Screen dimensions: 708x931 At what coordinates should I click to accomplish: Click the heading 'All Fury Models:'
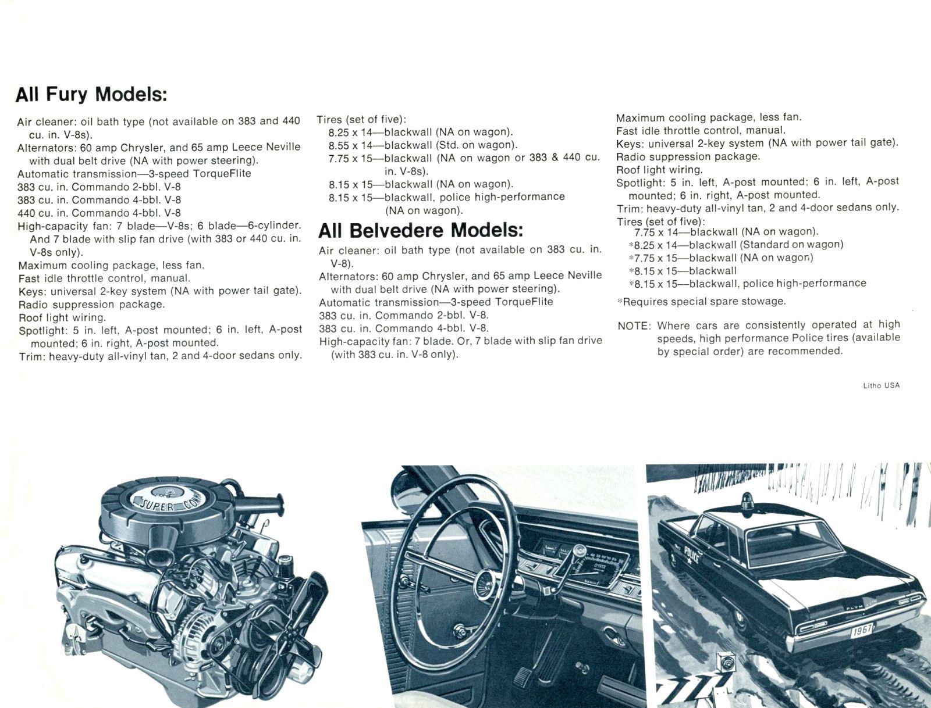point(91,94)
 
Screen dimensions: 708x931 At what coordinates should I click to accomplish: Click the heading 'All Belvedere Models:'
point(420,231)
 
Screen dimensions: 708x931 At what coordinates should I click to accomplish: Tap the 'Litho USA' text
point(881,385)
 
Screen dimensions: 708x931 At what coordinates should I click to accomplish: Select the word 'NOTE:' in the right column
point(634,326)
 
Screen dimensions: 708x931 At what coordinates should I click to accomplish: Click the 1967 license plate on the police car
point(862,631)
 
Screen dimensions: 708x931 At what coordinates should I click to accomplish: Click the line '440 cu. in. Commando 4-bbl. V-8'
point(99,213)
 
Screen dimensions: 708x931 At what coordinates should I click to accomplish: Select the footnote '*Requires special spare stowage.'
point(701,302)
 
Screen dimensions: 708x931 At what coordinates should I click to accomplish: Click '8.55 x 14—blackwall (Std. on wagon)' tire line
point(422,145)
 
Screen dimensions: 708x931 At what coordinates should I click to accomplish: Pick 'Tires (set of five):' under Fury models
point(361,120)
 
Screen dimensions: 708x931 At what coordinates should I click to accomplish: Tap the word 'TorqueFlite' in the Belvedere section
point(524,302)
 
